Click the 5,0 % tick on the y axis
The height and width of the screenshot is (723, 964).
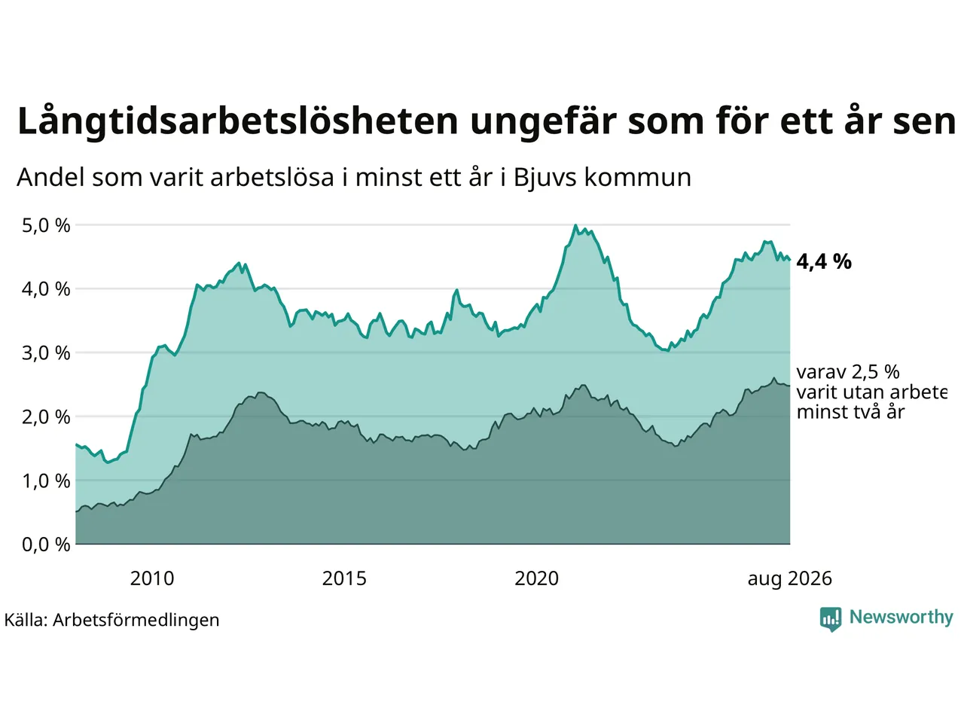click(46, 226)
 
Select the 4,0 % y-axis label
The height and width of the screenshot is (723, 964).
click(46, 289)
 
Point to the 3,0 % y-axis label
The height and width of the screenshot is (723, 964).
click(46, 353)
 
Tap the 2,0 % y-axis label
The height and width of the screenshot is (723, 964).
click(46, 417)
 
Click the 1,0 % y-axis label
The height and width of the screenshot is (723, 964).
click(46, 481)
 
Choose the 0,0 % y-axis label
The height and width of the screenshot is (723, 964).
click(46, 545)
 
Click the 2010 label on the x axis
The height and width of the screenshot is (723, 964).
click(152, 578)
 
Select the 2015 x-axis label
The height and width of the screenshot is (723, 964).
click(344, 578)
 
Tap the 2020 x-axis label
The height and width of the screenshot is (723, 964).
click(536, 578)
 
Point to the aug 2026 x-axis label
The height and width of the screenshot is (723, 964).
click(789, 579)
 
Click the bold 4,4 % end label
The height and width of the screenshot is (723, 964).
click(824, 261)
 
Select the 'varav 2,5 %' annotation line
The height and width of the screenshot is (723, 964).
click(848, 372)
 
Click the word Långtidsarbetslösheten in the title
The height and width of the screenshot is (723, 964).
click(237, 121)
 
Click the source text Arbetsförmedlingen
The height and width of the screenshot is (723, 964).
click(136, 621)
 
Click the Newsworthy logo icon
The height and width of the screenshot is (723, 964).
click(831, 619)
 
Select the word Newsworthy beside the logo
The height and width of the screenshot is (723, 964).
click(901, 618)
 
